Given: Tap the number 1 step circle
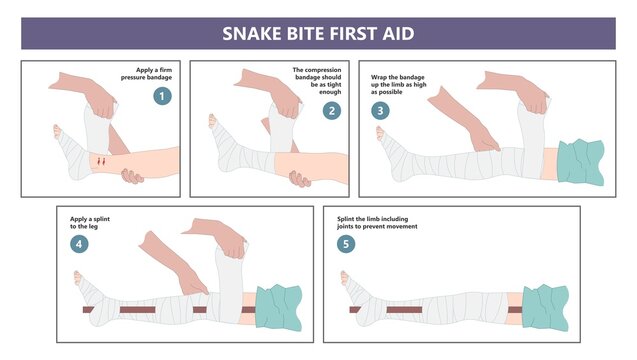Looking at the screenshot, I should [161, 96].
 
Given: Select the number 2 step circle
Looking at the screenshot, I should [332, 110].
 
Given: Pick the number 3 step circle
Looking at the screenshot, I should [380, 110].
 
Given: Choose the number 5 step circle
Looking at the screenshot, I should [346, 243].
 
